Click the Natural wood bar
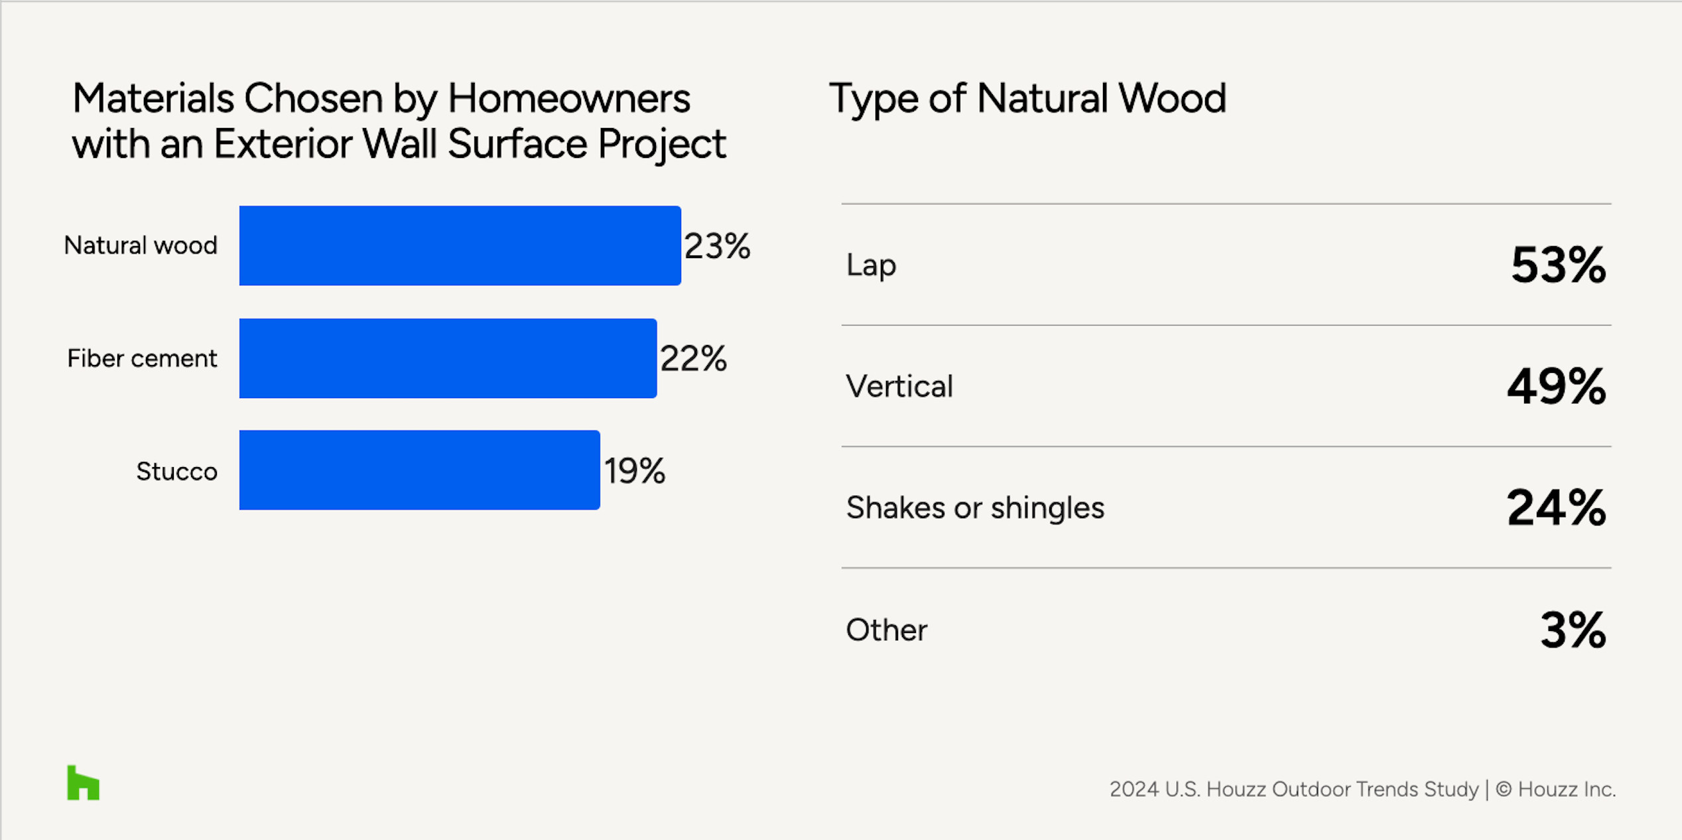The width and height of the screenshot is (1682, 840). pyautogui.click(x=460, y=245)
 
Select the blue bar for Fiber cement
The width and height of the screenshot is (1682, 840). pyautogui.click(x=448, y=358)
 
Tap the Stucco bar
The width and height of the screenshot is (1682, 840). pyautogui.click(x=419, y=470)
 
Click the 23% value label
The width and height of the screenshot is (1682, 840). pyautogui.click(x=717, y=246)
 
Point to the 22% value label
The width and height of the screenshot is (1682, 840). pyautogui.click(x=693, y=358)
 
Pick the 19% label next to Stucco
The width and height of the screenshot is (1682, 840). pyautogui.click(x=634, y=470)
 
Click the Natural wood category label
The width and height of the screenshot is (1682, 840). pyautogui.click(x=141, y=245)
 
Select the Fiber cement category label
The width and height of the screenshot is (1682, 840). pyautogui.click(x=142, y=358)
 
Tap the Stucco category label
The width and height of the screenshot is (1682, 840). pyautogui.click(x=176, y=471)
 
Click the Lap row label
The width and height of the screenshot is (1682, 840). pyautogui.click(x=871, y=265)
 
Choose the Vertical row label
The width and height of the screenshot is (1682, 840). pyautogui.click(x=899, y=386)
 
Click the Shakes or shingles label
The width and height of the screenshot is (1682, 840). pyautogui.click(x=975, y=508)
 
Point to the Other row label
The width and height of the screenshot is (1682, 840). pyautogui.click(x=886, y=630)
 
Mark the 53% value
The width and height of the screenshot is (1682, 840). pyautogui.click(x=1558, y=265)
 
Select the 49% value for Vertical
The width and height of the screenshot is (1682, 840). pyautogui.click(x=1557, y=386)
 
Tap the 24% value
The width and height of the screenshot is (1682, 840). pyautogui.click(x=1556, y=508)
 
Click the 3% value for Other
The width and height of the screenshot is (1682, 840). pyautogui.click(x=1573, y=629)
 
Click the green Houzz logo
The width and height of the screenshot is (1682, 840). pyautogui.click(x=83, y=783)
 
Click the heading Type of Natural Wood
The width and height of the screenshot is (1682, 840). pyautogui.click(x=1027, y=99)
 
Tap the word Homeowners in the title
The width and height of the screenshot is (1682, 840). pyautogui.click(x=569, y=99)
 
